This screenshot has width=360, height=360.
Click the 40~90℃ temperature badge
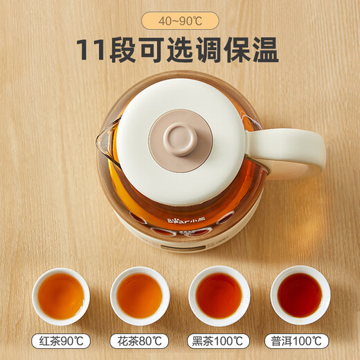179,19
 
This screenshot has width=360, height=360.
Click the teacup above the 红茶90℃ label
61,296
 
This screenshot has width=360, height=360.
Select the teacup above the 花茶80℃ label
140,296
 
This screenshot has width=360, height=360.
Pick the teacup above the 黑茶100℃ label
220,296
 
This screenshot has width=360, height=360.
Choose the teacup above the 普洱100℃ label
300,296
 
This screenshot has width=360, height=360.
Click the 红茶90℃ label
61,342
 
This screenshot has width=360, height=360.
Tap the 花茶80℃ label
140,342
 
